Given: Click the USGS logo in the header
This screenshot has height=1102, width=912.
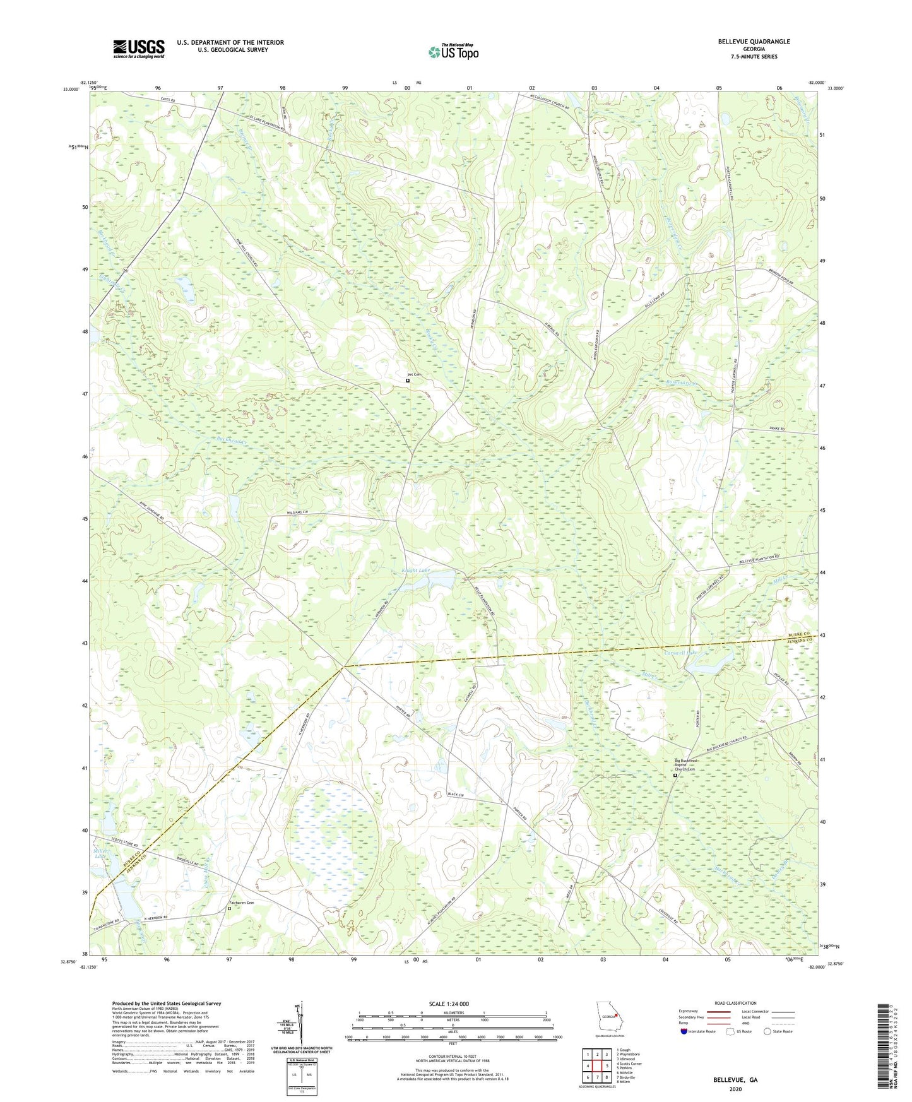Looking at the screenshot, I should (138, 49).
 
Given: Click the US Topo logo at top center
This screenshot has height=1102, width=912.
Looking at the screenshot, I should (453, 52).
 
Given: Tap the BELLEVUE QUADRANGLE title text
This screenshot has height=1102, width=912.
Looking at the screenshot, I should (753, 42).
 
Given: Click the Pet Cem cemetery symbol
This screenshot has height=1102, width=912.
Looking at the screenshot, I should (408, 381).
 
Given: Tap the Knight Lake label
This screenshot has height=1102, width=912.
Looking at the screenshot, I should (416, 571).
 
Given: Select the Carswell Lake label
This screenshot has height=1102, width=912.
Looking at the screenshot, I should (680, 653).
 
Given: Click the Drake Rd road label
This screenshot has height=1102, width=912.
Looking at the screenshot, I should (778, 429).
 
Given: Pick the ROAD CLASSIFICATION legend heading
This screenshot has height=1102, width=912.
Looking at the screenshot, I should (735, 1003).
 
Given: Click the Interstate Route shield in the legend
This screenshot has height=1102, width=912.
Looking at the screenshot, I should (684, 1031).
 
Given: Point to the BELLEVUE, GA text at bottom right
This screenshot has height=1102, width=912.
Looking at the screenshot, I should (735, 1080).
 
